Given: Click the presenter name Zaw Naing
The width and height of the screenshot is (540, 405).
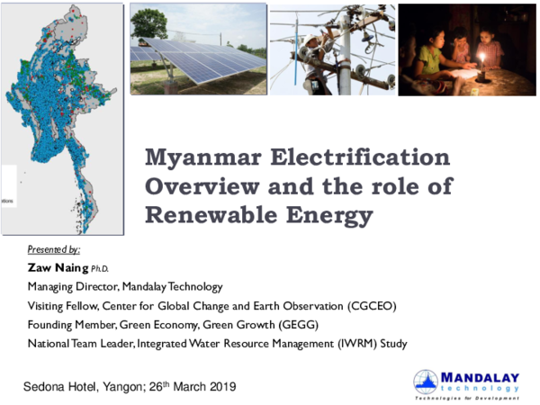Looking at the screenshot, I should pos(57,267).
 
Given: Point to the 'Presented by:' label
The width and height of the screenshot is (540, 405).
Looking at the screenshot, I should pos(54,249).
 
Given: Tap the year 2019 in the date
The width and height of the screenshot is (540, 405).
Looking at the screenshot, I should pos(219,387).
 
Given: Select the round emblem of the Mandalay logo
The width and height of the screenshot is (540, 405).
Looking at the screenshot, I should pos(426,382).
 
